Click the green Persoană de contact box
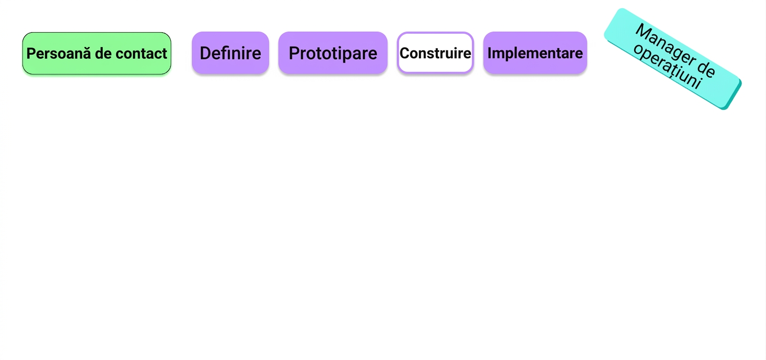click(x=97, y=53)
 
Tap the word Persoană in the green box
click(x=57, y=53)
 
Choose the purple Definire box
click(x=231, y=53)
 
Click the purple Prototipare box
click(x=333, y=53)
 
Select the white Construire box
click(x=435, y=53)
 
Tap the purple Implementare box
click(x=535, y=53)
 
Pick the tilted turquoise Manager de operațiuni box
click(x=672, y=58)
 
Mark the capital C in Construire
click(x=404, y=53)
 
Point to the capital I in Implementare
click(x=489, y=53)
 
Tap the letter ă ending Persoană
click(x=85, y=54)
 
